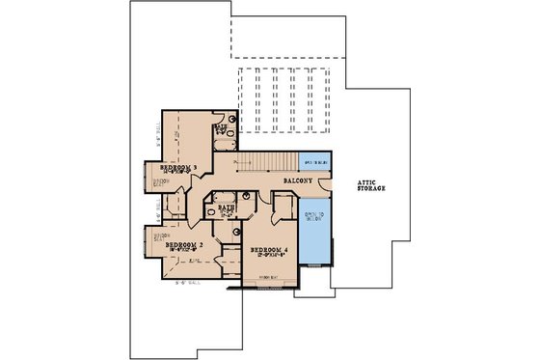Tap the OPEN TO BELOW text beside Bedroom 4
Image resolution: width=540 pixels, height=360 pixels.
point(313,217)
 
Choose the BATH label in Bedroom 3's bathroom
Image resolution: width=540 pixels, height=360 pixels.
point(221,126)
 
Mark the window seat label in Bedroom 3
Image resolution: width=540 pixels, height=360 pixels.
point(161,181)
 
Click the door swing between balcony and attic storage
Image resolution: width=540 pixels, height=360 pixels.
point(326,185)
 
